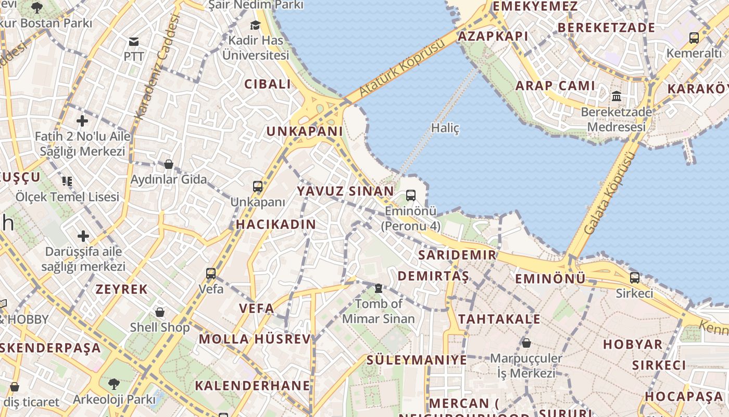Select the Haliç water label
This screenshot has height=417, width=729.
445,128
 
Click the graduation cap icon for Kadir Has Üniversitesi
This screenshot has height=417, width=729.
255,25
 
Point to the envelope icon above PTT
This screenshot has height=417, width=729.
134,42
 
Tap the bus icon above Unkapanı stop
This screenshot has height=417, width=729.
258,186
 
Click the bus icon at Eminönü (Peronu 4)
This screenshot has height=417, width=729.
411,195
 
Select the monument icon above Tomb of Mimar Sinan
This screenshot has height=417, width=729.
379,288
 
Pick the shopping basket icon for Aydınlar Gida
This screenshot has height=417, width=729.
169,164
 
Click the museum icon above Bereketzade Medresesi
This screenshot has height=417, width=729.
617,96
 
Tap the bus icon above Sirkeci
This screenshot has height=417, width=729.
635,277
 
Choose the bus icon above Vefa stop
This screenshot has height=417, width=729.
211,273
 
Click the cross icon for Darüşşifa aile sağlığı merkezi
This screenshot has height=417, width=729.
83,236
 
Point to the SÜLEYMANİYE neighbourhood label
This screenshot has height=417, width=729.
417,360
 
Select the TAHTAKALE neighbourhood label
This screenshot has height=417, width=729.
499,319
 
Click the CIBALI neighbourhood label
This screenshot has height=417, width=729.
268,84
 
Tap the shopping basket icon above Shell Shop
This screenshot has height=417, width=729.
160,312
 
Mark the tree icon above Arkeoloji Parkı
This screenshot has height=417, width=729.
114,384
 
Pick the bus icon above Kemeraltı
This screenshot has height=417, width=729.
694,38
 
